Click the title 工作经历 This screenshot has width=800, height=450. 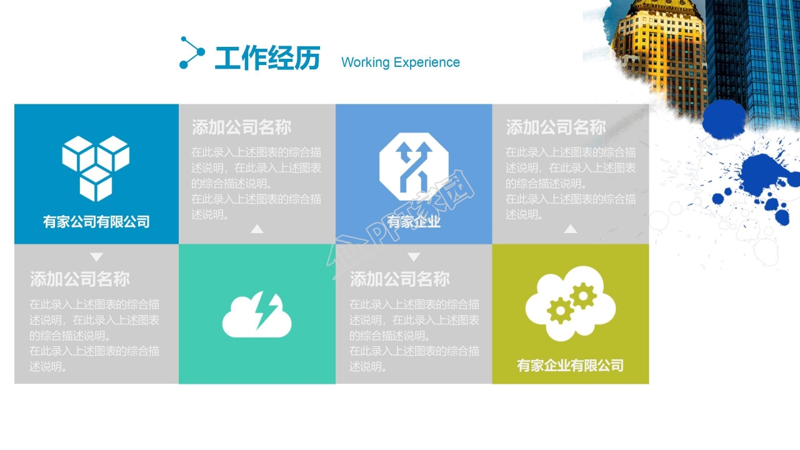click(x=267, y=59)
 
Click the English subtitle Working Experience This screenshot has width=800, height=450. click(x=400, y=62)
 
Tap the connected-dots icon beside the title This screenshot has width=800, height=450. click(x=191, y=52)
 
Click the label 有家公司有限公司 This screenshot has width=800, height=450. click(x=96, y=221)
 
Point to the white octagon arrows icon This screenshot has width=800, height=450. click(x=414, y=166)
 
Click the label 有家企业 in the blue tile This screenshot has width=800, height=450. click(x=414, y=222)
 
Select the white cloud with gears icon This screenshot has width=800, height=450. click(x=570, y=303)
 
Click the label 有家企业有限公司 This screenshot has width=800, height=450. click(x=570, y=366)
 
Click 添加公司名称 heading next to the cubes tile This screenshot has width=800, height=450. click(x=241, y=127)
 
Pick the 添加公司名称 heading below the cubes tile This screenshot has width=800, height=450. click(x=80, y=279)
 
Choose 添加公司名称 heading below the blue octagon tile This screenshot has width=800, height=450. click(x=399, y=279)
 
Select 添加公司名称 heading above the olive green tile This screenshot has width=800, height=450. click(x=556, y=127)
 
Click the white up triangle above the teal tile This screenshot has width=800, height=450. click(x=257, y=229)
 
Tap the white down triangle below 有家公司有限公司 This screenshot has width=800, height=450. click(x=96, y=257)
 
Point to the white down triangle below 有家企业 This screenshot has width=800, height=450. click(x=414, y=257)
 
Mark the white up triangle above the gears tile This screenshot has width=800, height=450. click(x=570, y=229)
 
